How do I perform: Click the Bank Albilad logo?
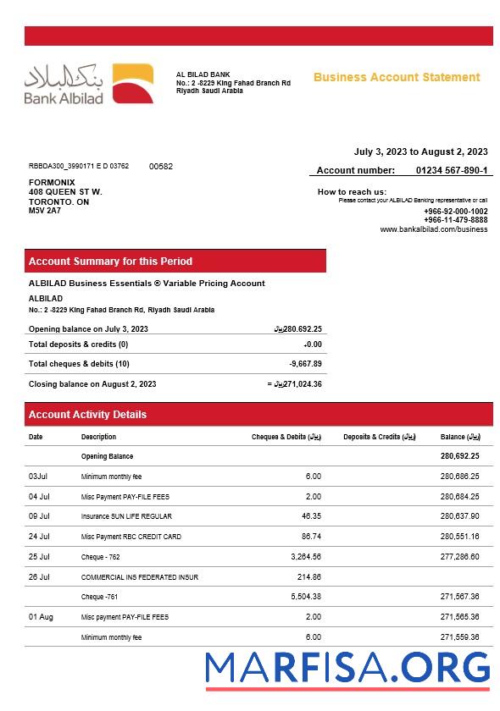[x=88, y=84]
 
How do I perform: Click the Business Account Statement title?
[x=397, y=77]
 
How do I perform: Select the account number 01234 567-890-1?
[x=452, y=170]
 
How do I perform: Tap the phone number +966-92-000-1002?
[x=455, y=211]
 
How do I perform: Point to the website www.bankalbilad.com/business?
[x=433, y=229]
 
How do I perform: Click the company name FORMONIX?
[x=52, y=183]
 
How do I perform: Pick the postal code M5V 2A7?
[x=45, y=211]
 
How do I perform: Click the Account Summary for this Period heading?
[x=110, y=262]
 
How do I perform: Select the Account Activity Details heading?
[x=87, y=415]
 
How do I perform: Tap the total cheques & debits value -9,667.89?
[x=305, y=364]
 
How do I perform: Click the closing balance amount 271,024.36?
[x=299, y=384]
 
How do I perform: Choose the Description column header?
[x=99, y=437]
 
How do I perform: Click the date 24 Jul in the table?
[x=39, y=537]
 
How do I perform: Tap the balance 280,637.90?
[x=459, y=516]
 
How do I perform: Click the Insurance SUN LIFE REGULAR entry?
[x=126, y=516]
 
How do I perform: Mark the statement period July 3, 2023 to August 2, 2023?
[x=420, y=152]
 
